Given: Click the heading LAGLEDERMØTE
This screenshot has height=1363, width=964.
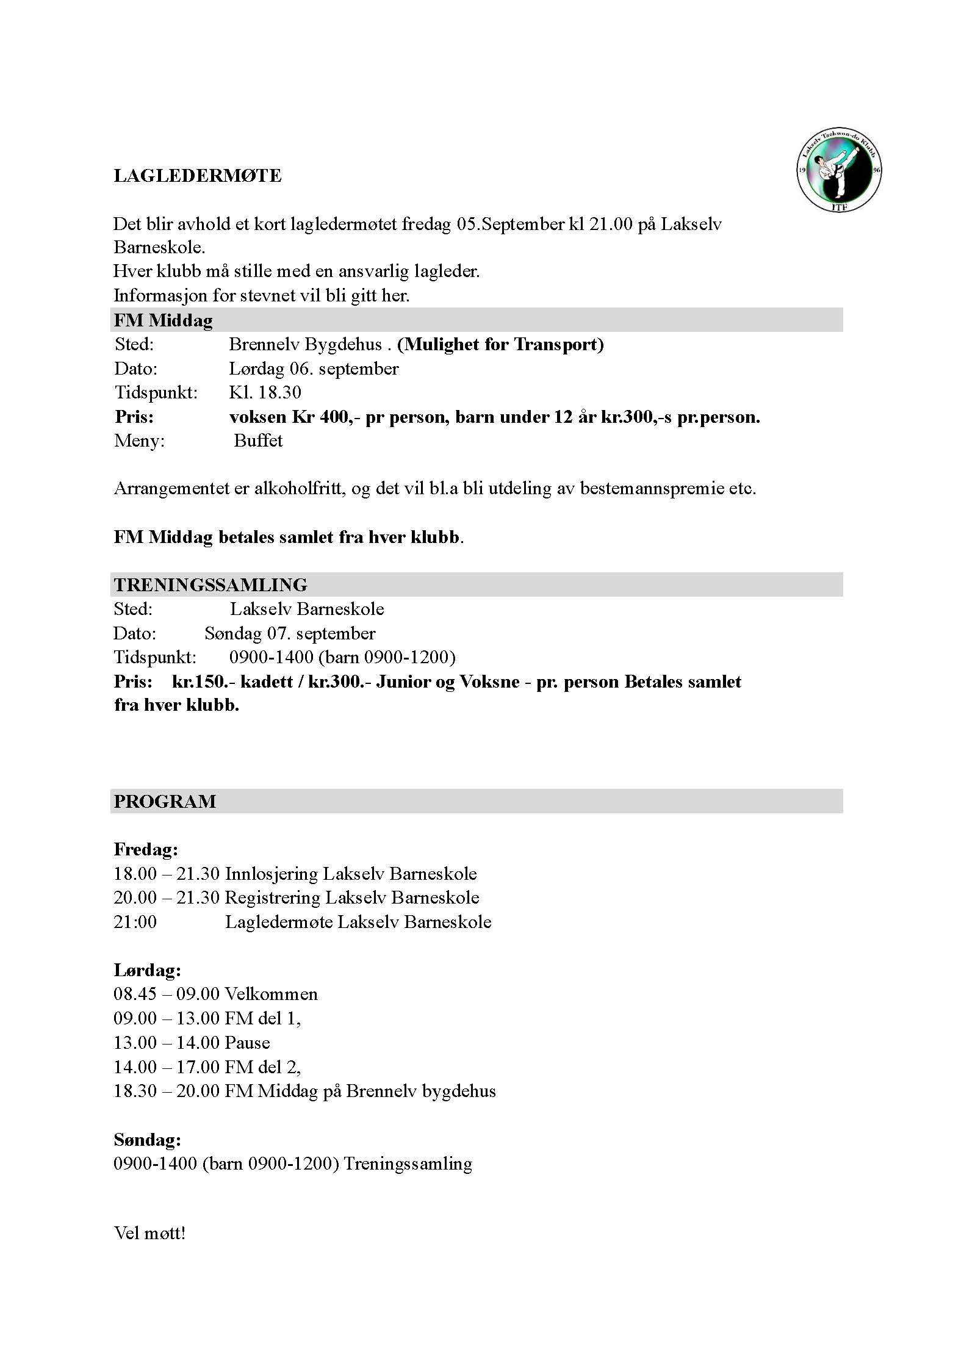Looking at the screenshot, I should point(198,176).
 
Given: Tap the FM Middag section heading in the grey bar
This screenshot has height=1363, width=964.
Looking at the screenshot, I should point(164,320).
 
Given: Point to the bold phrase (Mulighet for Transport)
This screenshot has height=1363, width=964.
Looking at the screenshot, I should point(500,345).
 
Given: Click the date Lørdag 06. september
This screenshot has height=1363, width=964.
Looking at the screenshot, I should point(314,369).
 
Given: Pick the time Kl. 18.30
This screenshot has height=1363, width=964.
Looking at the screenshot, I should point(265,392).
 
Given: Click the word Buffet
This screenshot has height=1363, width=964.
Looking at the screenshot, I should point(258,441).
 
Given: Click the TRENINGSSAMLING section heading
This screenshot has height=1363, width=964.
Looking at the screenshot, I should point(210,584).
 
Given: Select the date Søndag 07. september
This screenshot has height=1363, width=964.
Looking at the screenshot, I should point(290,633).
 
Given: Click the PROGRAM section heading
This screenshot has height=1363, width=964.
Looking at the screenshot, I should point(165,801).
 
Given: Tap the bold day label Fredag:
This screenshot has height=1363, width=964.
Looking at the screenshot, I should point(146,849).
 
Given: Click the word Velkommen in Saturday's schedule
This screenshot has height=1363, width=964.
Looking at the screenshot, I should point(271,994).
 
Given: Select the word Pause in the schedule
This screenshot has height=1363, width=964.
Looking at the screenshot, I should point(247,1043).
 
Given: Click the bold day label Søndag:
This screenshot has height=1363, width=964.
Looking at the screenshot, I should point(147,1140).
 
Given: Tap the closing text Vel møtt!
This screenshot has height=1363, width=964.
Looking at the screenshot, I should point(149,1233).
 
